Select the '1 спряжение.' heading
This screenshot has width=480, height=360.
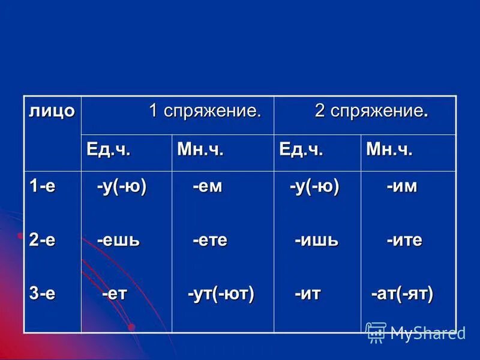205,112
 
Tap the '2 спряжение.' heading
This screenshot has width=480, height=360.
371,112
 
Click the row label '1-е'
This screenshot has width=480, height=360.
43,187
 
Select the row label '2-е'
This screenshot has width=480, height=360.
43,241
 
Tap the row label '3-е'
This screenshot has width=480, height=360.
43,294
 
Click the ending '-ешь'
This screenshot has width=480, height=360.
119,241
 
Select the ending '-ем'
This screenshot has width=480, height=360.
207,187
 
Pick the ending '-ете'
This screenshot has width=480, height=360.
210,241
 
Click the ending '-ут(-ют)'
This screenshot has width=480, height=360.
221,294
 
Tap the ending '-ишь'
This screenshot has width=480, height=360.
316,241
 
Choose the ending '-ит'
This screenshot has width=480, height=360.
307,294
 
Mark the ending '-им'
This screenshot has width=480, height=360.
401,187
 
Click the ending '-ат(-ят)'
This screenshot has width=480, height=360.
402,294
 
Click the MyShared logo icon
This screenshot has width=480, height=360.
376,332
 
